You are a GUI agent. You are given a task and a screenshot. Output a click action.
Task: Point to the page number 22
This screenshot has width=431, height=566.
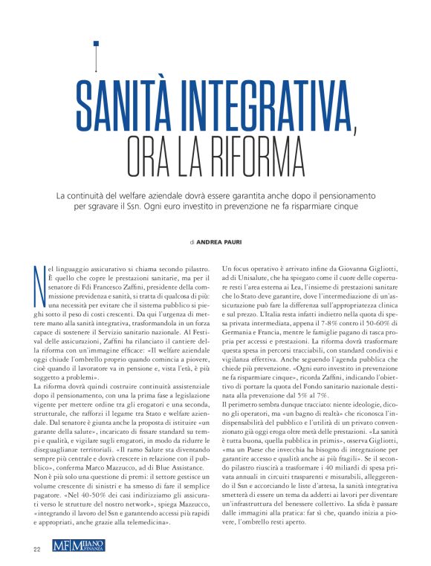click(x=36, y=549)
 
